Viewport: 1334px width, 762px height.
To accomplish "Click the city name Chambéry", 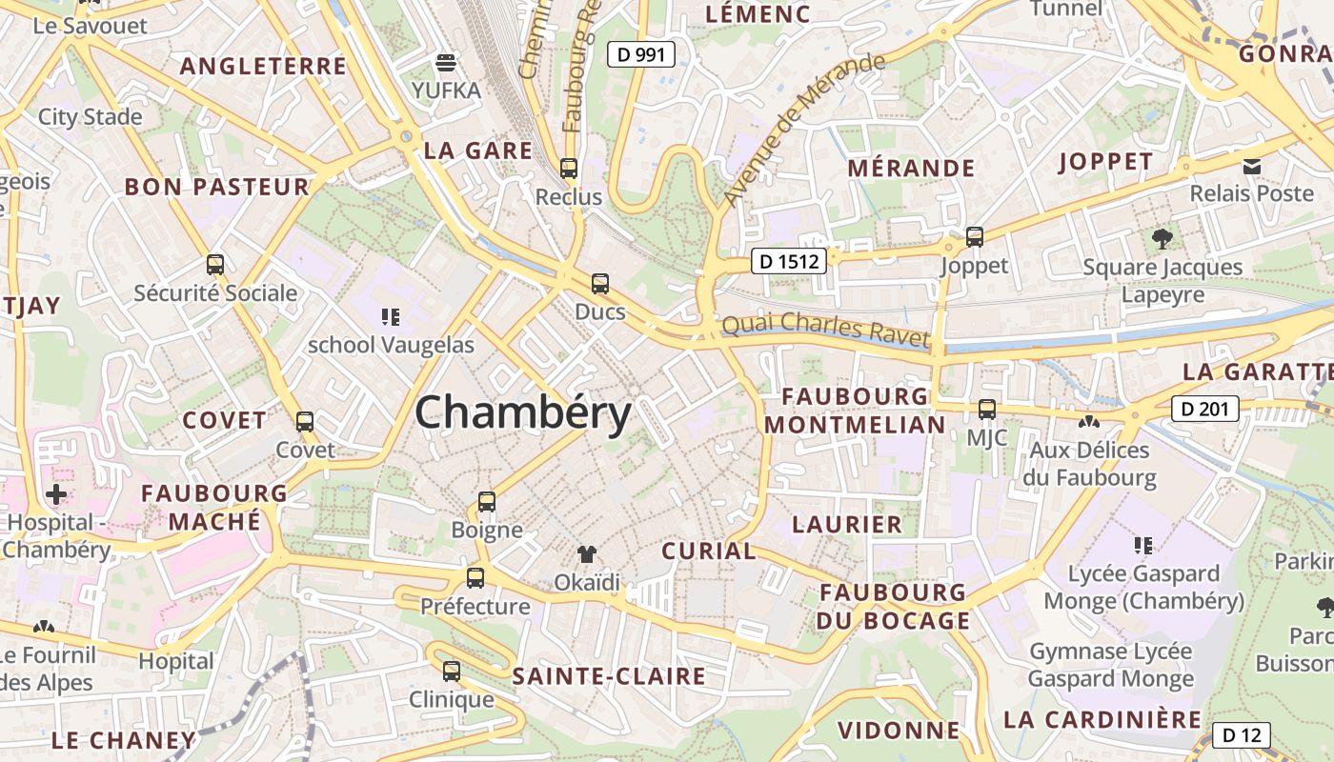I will [x=523, y=414].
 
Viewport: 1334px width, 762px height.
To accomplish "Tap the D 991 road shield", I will [x=641, y=55].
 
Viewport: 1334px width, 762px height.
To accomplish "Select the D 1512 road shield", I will [x=788, y=261].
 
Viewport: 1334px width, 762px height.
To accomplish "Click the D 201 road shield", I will [x=1204, y=410].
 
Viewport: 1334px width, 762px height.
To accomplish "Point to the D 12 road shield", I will [x=1242, y=735].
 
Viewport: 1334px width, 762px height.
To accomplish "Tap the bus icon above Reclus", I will [x=569, y=169].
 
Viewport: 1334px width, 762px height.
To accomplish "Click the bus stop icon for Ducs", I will [x=600, y=283].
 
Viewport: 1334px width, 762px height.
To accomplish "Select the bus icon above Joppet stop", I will [x=974, y=237].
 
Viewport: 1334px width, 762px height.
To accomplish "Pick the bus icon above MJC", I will [x=987, y=410].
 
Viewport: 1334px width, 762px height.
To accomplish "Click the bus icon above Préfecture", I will [x=475, y=577].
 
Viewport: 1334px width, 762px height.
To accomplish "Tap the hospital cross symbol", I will [x=56, y=494].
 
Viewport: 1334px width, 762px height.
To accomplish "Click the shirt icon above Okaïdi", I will [x=586, y=553].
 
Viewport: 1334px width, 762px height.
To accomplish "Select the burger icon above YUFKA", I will [x=446, y=63].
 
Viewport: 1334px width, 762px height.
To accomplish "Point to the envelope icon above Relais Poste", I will [x=1252, y=166].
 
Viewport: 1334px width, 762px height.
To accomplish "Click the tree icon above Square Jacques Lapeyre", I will [x=1162, y=239].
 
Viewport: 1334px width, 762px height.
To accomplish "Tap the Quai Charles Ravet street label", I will [x=825, y=329].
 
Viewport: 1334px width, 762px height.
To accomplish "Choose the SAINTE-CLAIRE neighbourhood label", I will [x=609, y=677].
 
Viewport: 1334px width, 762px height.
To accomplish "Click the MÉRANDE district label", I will [x=911, y=169].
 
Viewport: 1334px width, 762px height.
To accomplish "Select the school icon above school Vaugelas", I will [x=390, y=316].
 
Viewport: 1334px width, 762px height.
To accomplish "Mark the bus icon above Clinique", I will [x=452, y=671].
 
